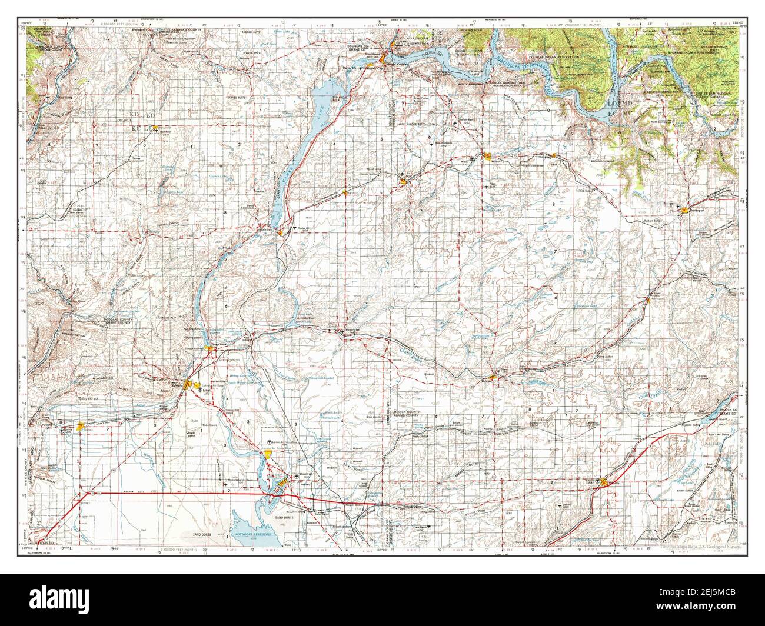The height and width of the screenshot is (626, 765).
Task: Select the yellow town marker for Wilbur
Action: pyautogui.click(x=488, y=156)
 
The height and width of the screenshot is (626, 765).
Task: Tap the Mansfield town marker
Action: pyautogui.click(x=154, y=128)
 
